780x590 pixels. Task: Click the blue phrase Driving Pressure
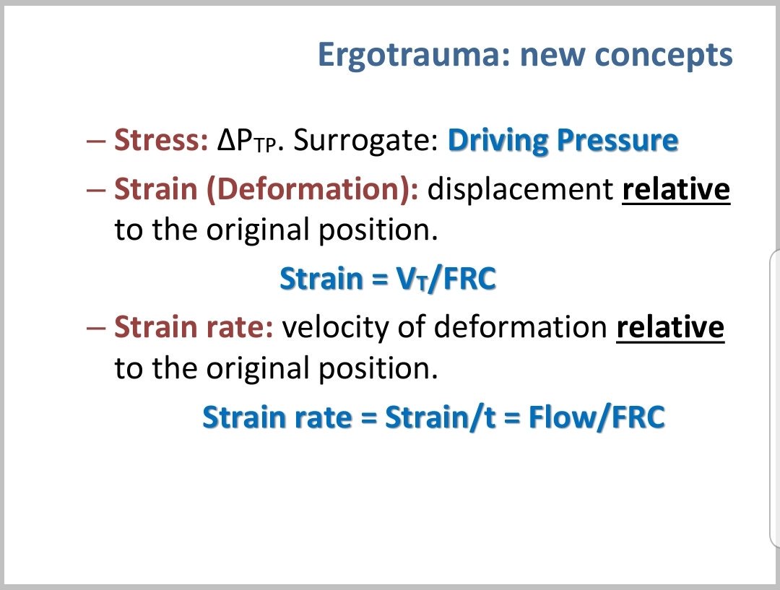[x=563, y=141]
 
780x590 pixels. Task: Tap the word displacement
[x=520, y=190]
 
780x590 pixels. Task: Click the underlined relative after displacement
[x=676, y=190]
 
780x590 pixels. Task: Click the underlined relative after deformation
[x=669, y=328]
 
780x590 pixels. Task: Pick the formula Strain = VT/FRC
[x=387, y=279]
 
